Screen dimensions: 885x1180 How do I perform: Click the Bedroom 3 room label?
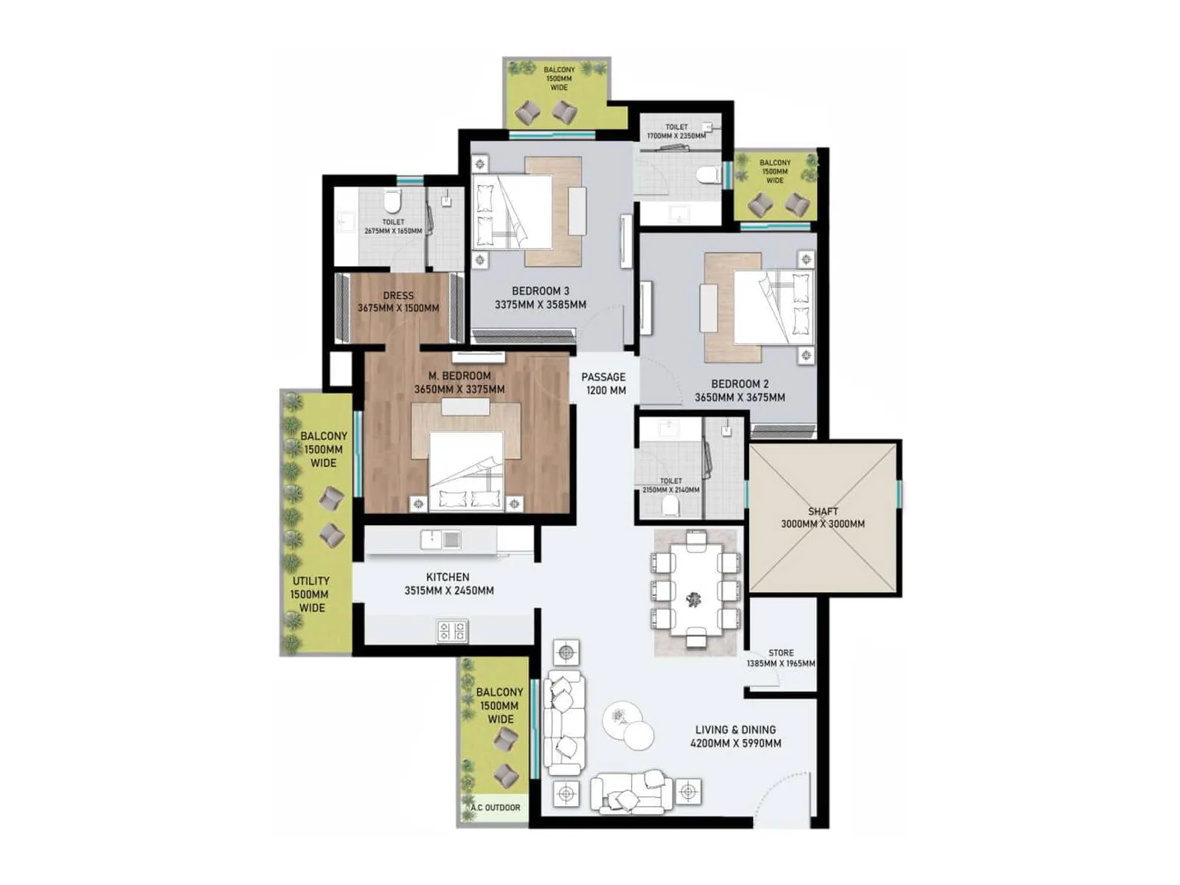[x=540, y=291]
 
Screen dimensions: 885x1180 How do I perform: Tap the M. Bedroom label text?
[x=459, y=376]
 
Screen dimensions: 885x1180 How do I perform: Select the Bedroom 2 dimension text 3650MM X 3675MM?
[x=740, y=398]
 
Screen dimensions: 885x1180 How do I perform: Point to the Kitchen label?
[x=448, y=577]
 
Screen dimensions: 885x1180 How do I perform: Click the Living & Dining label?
[x=735, y=729]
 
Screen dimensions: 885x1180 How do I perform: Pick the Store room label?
[x=781, y=653]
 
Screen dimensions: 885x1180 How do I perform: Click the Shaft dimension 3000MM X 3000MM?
[x=823, y=524]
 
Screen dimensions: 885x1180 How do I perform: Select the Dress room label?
[x=398, y=296]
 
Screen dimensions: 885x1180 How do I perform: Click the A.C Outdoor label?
[x=496, y=808]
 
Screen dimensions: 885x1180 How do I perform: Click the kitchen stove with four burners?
[x=452, y=631]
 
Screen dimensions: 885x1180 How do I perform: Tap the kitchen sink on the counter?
[x=441, y=540]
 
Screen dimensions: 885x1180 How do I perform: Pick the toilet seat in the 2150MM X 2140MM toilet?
[x=670, y=505]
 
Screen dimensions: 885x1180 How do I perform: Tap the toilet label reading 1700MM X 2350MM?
[x=676, y=131]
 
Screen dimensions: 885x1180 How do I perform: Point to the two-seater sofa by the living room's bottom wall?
[x=631, y=791]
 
